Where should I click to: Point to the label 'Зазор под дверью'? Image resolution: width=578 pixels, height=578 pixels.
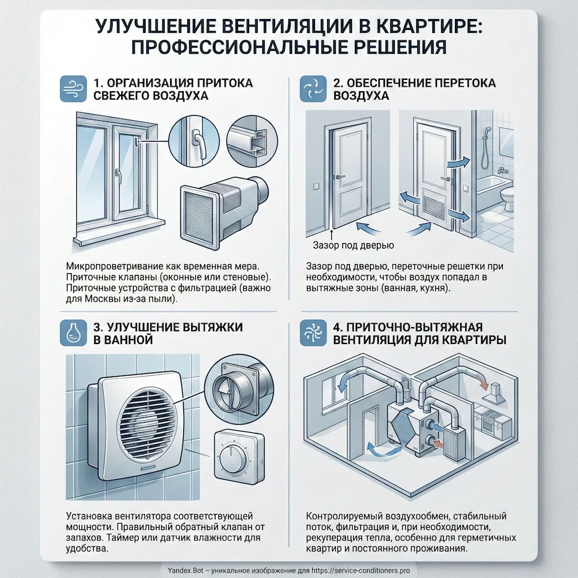coord(349,246)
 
